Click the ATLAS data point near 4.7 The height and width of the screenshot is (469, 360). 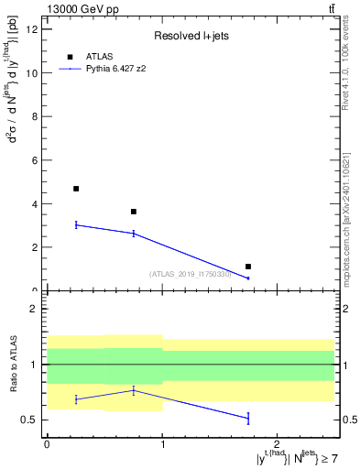[x=76, y=189]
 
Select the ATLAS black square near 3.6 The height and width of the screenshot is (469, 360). [x=134, y=212]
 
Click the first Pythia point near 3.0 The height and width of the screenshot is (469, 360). [x=76, y=224]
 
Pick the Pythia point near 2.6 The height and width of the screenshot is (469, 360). [x=134, y=234]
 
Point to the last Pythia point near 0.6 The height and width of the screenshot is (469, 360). [x=248, y=278]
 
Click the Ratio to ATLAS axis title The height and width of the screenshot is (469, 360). [x=12, y=365]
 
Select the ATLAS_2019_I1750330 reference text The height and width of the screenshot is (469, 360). [x=190, y=274]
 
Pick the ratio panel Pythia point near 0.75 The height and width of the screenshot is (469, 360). [x=134, y=390]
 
